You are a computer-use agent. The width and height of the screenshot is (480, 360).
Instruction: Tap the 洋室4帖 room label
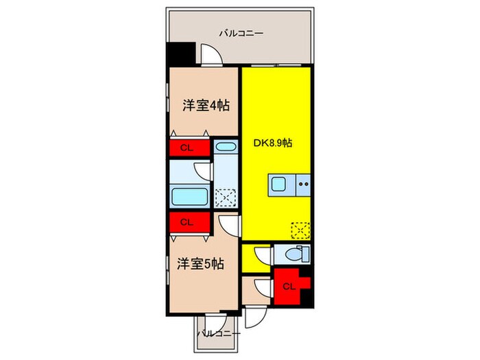click(x=205, y=106)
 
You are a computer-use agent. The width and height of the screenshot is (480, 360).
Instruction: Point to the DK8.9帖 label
click(x=274, y=144)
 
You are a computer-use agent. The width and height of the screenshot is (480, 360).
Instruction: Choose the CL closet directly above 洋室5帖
click(x=187, y=221)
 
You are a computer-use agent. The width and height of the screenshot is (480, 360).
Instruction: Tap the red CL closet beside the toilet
click(x=289, y=287)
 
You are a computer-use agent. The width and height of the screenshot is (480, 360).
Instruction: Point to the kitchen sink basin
click(x=281, y=184)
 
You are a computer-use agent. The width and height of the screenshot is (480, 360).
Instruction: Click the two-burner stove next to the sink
click(x=304, y=184)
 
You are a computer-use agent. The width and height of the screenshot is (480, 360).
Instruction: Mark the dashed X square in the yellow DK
click(x=299, y=229)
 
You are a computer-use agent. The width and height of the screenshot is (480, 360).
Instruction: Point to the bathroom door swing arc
click(x=202, y=171)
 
